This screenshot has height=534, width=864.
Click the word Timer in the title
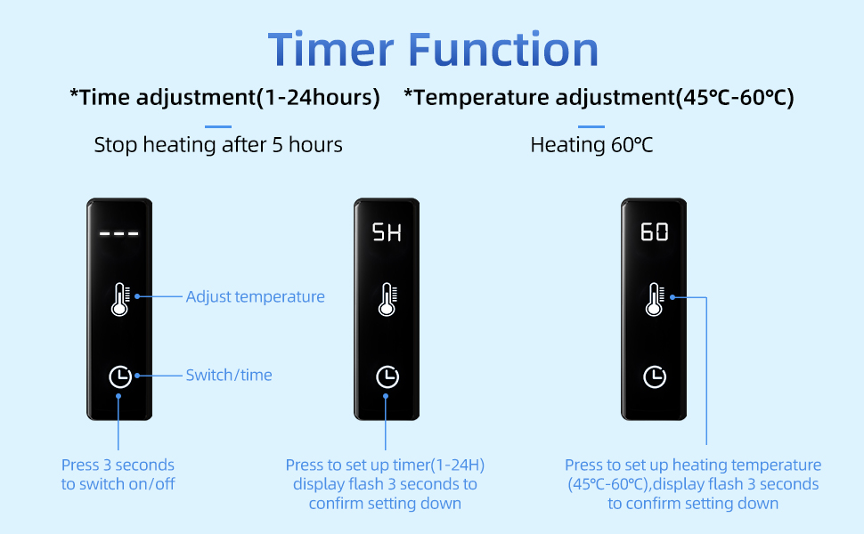330,50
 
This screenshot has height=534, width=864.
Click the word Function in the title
503,50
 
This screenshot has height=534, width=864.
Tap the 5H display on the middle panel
387,232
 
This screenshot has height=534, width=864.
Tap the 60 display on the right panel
654,231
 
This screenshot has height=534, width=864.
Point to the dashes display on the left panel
119,233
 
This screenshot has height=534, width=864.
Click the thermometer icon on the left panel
120,299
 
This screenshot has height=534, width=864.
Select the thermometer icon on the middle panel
388,299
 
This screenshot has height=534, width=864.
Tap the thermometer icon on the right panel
656,299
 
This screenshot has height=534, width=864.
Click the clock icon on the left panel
120,377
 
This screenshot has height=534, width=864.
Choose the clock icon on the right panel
655,377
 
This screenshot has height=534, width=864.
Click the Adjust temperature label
255,296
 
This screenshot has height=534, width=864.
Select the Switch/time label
229,375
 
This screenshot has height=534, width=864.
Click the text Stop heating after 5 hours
218,145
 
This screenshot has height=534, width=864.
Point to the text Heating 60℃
591,145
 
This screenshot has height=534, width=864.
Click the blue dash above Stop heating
218,126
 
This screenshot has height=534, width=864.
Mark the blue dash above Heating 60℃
591,126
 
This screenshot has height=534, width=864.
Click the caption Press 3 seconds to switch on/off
118,474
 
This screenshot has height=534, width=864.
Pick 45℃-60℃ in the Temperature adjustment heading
734,97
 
